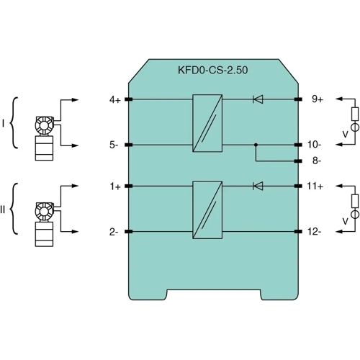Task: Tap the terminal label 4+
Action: click(x=114, y=99)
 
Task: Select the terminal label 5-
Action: click(x=114, y=145)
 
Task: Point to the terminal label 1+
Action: click(x=114, y=186)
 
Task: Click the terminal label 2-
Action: click(x=114, y=232)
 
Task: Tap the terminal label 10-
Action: click(x=314, y=145)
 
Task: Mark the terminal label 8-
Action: click(x=314, y=161)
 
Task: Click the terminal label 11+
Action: click(x=315, y=186)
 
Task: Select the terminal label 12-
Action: click(x=314, y=232)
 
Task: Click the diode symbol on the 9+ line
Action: click(x=258, y=99)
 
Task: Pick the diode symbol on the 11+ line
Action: click(x=258, y=186)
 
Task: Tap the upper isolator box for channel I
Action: click(x=207, y=122)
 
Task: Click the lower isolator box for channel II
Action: click(x=207, y=209)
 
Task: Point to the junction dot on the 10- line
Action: click(x=256, y=145)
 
